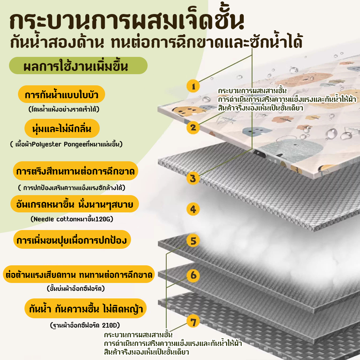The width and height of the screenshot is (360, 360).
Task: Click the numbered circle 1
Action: pos(193,86)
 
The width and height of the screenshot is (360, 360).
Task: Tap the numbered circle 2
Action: pos(193,127)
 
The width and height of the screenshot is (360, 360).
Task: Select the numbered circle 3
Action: pos(193,179)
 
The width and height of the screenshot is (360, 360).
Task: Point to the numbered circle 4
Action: pos(193,209)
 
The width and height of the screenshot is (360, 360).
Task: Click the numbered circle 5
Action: pos(193,240)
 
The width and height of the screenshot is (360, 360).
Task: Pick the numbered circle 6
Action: pos(193,275)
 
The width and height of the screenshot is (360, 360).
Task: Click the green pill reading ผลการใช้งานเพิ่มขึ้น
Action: pos(78,66)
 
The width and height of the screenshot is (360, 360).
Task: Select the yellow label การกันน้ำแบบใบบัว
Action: pos(62,94)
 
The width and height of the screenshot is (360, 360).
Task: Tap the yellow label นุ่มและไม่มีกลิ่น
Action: pos(62,128)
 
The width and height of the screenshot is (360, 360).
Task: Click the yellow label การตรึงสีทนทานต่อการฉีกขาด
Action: pos(76,171)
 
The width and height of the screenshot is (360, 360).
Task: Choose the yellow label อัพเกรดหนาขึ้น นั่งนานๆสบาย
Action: pos(75,204)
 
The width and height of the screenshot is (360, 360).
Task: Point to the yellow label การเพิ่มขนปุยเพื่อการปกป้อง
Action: pos(72,239)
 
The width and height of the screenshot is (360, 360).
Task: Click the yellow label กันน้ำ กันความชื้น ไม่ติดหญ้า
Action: pos(86,309)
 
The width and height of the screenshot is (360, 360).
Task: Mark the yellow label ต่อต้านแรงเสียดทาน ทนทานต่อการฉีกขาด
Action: pos(79,274)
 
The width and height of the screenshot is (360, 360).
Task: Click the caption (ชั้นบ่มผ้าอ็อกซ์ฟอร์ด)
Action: pos(76,288)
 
